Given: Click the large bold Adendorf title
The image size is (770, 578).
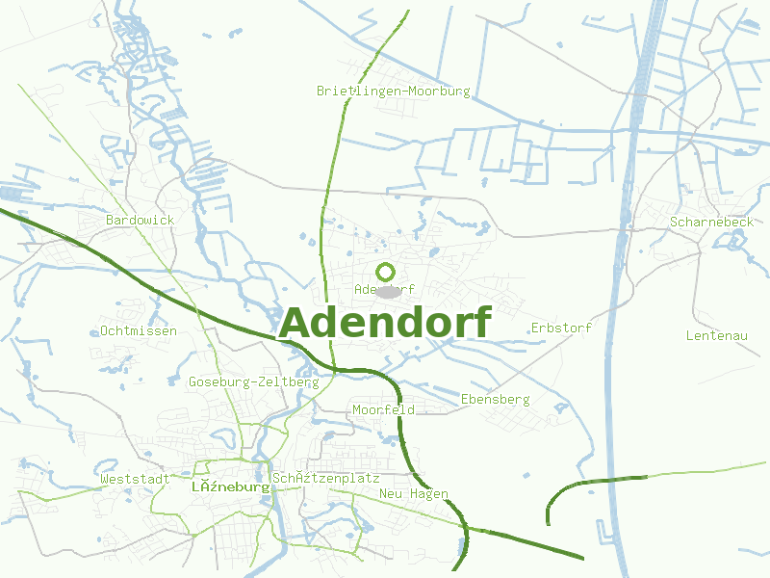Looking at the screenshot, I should pos(385,323).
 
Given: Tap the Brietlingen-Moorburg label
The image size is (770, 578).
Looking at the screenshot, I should pos(394,92).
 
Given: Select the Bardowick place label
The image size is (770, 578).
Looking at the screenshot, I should pos(141,221).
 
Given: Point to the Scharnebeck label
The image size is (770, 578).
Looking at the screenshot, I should pos(711,223).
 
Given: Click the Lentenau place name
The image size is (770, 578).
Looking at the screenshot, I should pos(717,336).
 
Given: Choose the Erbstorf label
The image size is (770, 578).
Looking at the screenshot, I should pos(561,328).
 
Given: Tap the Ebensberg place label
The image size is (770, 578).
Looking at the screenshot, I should pos(496,399).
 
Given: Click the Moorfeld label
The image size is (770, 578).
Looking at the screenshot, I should pos(383,410).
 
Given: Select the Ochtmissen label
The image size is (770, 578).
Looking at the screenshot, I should pos(139,331).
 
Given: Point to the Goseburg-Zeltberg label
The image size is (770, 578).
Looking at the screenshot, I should pos(253,382).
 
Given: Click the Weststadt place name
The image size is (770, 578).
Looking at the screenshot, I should pos(135,479).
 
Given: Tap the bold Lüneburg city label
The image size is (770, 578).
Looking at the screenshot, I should pos(230,487).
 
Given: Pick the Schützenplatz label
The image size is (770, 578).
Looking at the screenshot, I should pos(326,479).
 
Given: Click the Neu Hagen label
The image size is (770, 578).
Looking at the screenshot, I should pos(414,494).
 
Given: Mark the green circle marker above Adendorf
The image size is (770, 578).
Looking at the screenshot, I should pos(386,272).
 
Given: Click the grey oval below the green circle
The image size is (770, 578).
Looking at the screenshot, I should pos(387,291).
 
